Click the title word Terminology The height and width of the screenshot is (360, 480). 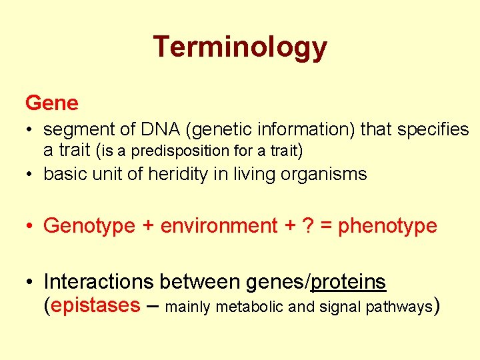[x=240, y=48]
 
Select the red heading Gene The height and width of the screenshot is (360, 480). [x=51, y=103]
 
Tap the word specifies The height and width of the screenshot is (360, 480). [x=436, y=129]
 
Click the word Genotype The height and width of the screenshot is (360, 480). [x=89, y=226]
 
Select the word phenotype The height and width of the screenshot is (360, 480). [x=387, y=226]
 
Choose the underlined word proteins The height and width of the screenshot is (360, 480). [x=349, y=282]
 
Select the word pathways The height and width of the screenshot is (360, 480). [x=399, y=307]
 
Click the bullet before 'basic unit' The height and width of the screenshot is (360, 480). [x=31, y=175]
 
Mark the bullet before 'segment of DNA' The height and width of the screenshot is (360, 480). [x=31, y=129]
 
